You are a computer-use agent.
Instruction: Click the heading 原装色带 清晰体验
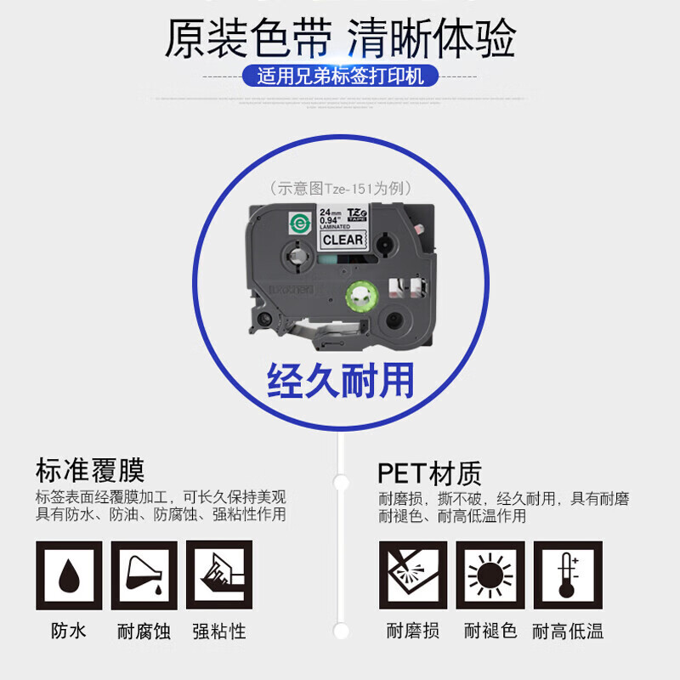pos(340,40)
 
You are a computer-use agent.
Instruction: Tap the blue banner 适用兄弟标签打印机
pos(340,76)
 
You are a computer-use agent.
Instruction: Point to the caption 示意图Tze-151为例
pos(340,189)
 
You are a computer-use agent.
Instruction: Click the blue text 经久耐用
pos(340,380)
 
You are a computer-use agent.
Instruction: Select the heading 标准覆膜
pos(90,470)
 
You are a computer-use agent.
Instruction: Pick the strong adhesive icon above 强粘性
pos(219,575)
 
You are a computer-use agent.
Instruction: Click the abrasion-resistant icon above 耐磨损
pos(413,575)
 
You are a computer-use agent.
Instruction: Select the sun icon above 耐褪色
pos(490,575)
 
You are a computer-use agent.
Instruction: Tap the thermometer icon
pos(568,575)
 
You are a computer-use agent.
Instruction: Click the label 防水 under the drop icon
pos(69,631)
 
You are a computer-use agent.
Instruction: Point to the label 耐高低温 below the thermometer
pos(568,631)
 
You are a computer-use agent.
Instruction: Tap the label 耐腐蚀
pos(144,632)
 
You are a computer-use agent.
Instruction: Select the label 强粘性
pos(219,632)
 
